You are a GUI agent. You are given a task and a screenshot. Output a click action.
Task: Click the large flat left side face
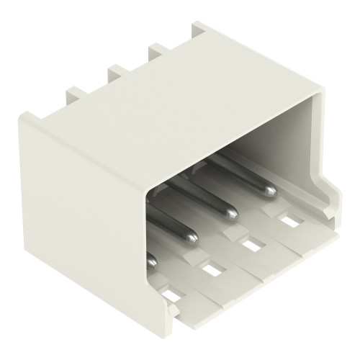point(79,216)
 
